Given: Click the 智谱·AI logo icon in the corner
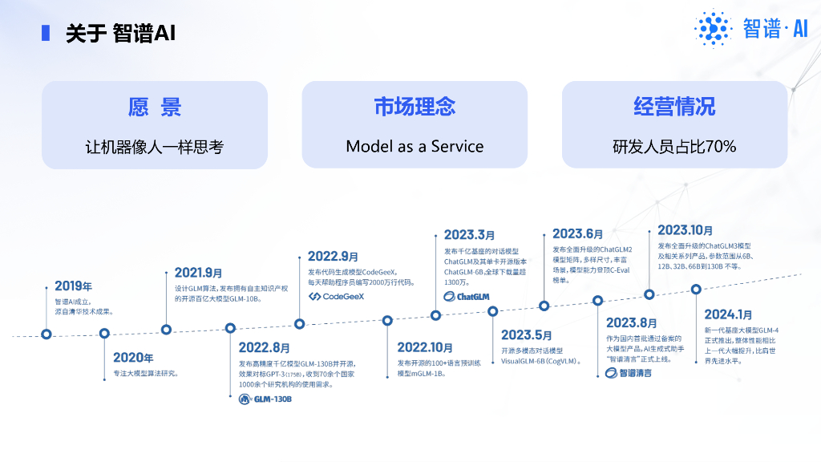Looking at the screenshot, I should [713, 30].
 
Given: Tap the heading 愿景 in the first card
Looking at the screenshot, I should [155, 107].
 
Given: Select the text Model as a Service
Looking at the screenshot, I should [415, 147].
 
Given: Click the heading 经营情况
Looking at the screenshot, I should [674, 107].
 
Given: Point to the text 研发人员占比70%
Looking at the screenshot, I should [674, 147].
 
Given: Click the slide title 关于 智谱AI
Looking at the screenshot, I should [120, 33].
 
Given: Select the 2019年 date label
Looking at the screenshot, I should [73, 286].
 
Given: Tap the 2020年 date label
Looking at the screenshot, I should [133, 358].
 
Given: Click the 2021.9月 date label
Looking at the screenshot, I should [198, 273].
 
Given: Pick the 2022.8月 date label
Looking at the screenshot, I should [264, 348].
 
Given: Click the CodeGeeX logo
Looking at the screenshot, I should [337, 296].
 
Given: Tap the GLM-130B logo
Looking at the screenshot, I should [265, 399].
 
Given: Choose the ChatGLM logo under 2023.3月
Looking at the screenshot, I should [467, 296].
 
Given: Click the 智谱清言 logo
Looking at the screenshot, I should [629, 372].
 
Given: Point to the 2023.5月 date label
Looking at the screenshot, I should [527, 335].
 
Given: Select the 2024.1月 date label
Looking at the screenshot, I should [728, 314].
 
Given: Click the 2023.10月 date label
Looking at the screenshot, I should [685, 231].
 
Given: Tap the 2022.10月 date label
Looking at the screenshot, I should [425, 348].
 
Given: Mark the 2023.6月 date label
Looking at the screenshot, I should [577, 233].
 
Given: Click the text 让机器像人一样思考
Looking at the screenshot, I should [155, 147].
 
